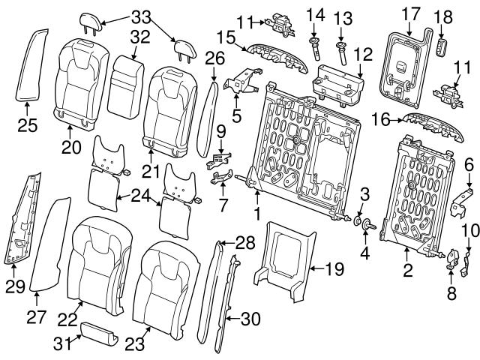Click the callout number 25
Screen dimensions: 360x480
pos(27,125)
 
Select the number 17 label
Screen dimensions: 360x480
pos(411,13)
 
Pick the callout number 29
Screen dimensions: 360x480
pos(16,285)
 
